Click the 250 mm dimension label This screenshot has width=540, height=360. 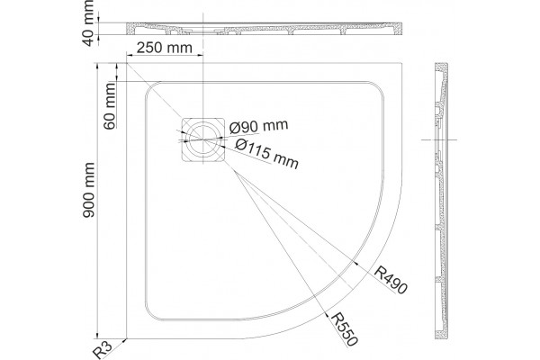click(x=165, y=48)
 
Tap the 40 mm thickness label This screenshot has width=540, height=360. click(x=89, y=23)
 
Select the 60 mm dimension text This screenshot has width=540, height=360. click(x=110, y=106)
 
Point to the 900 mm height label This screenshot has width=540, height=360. click(x=89, y=190)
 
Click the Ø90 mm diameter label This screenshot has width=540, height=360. click(x=258, y=127)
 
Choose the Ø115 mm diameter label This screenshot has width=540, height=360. click(x=266, y=154)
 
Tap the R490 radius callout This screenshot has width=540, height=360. click(x=391, y=279)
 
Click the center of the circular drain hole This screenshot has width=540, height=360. click(x=202, y=139)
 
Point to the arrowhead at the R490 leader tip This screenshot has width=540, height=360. click(x=356, y=263)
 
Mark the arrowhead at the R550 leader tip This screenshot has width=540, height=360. click(x=326, y=313)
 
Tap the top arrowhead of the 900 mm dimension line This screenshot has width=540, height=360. click(x=97, y=66)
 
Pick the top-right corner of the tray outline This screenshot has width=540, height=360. click(x=402, y=63)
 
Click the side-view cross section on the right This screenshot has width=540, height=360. click(x=441, y=201)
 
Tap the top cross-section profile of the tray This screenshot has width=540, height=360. click(x=264, y=29)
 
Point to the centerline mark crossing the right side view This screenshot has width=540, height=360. click(x=439, y=139)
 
